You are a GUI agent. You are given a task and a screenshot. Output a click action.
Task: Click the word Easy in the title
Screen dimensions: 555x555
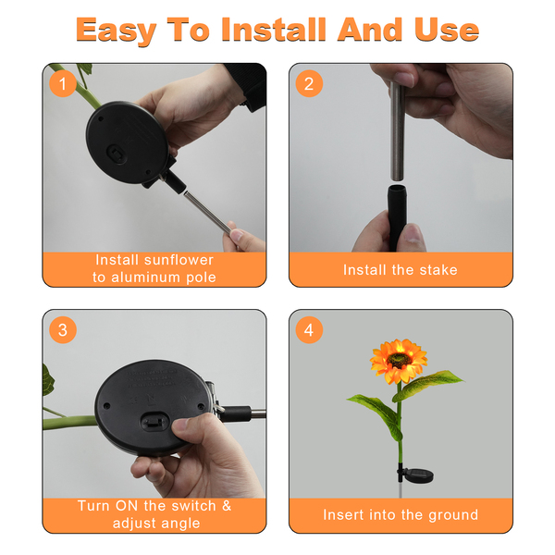(117, 31)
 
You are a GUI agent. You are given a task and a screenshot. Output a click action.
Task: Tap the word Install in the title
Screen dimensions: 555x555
(274, 30)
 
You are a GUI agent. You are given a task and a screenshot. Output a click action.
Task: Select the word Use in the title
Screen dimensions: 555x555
(447, 30)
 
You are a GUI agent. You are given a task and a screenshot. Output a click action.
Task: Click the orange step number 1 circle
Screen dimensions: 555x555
(63, 84)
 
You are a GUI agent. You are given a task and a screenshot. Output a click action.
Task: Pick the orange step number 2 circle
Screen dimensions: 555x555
(309, 84)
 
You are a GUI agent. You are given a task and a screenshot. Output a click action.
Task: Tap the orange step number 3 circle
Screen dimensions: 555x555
(63, 330)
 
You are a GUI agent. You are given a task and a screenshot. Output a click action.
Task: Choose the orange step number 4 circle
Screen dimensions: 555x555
(309, 330)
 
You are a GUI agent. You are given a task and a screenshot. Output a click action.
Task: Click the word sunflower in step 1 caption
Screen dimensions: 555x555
(178, 260)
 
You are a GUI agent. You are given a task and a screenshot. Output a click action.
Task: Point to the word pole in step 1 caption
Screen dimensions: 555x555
(201, 277)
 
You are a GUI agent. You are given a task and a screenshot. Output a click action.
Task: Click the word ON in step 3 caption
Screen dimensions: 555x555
(127, 506)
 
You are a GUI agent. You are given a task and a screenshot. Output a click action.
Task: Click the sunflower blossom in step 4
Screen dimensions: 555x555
(398, 361)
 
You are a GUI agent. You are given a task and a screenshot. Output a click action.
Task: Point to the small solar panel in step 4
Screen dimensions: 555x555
(418, 475)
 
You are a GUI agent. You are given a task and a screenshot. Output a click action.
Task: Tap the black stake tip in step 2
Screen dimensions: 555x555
(397, 216)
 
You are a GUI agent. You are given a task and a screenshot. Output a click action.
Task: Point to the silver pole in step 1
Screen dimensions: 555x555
(207, 212)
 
